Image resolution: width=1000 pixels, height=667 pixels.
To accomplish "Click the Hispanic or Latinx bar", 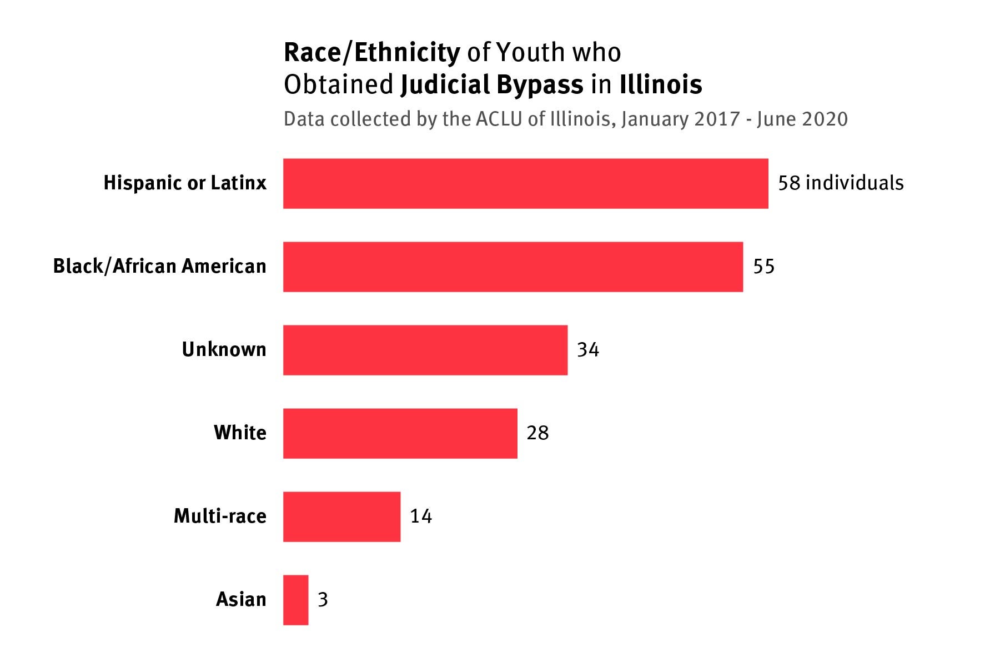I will click(525, 183).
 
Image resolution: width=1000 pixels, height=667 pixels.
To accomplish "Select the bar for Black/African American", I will click(512, 267).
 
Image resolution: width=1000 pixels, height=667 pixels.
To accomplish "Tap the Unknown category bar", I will click(425, 350).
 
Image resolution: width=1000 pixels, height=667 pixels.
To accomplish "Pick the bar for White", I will click(400, 433).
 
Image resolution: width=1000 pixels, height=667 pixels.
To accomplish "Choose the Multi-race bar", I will click(341, 516).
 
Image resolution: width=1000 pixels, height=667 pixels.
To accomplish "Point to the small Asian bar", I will click(295, 600).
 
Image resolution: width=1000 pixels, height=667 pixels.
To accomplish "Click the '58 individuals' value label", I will click(840, 183).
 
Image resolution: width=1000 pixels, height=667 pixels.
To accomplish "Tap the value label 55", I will click(763, 267).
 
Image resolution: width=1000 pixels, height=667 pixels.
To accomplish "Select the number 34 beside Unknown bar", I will click(588, 350).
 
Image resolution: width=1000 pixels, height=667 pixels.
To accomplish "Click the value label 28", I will click(537, 433).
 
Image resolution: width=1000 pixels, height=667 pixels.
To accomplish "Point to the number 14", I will click(421, 516).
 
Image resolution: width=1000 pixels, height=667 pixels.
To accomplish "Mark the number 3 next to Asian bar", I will click(323, 600).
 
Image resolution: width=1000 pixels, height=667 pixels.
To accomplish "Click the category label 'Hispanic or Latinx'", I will click(185, 183).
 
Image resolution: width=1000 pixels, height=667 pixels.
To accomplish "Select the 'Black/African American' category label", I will click(159, 266).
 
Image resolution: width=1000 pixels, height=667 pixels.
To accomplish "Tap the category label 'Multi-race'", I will click(220, 516).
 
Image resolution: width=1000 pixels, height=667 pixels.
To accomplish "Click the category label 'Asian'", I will click(241, 599).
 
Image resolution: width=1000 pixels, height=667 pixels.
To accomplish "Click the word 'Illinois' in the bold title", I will click(660, 84).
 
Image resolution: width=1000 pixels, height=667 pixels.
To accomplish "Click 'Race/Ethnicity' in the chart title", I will click(371, 53).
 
